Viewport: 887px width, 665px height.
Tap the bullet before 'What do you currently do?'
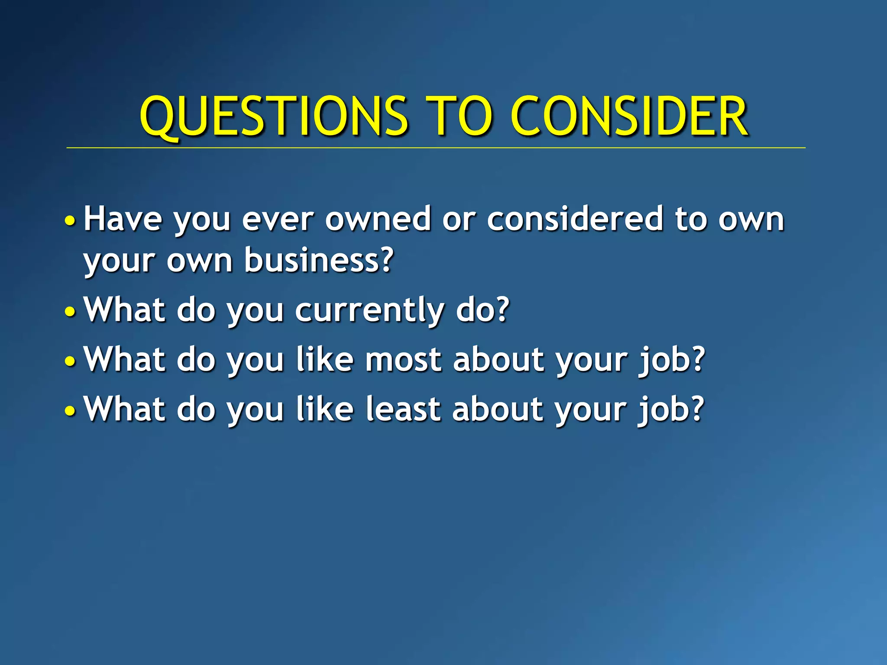(x=70, y=311)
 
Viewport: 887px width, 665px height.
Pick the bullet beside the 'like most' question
(x=70, y=361)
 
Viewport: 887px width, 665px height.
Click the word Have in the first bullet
(x=123, y=219)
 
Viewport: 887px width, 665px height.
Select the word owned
(x=378, y=219)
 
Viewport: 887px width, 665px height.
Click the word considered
(x=575, y=219)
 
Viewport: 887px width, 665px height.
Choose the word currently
(x=369, y=311)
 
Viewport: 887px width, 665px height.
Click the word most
(x=403, y=360)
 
